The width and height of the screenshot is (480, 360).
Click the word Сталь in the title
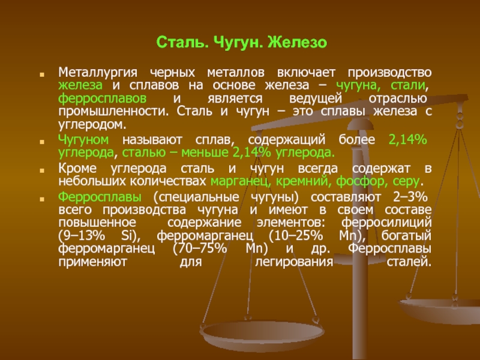(182, 42)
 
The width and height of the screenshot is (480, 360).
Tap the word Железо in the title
(297, 42)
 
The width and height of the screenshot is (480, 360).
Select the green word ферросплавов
(102, 98)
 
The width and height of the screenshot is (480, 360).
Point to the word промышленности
(113, 112)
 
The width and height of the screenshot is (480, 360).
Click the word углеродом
(92, 125)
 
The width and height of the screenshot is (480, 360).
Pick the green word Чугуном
(83, 140)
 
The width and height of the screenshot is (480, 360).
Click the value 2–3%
(410, 197)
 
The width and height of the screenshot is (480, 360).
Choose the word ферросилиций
(386, 223)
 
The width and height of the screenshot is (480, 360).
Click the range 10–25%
(296, 236)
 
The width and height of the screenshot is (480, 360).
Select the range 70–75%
(200, 248)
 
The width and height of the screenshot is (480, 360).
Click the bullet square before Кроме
(42, 170)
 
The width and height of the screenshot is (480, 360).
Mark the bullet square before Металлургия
(42, 74)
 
